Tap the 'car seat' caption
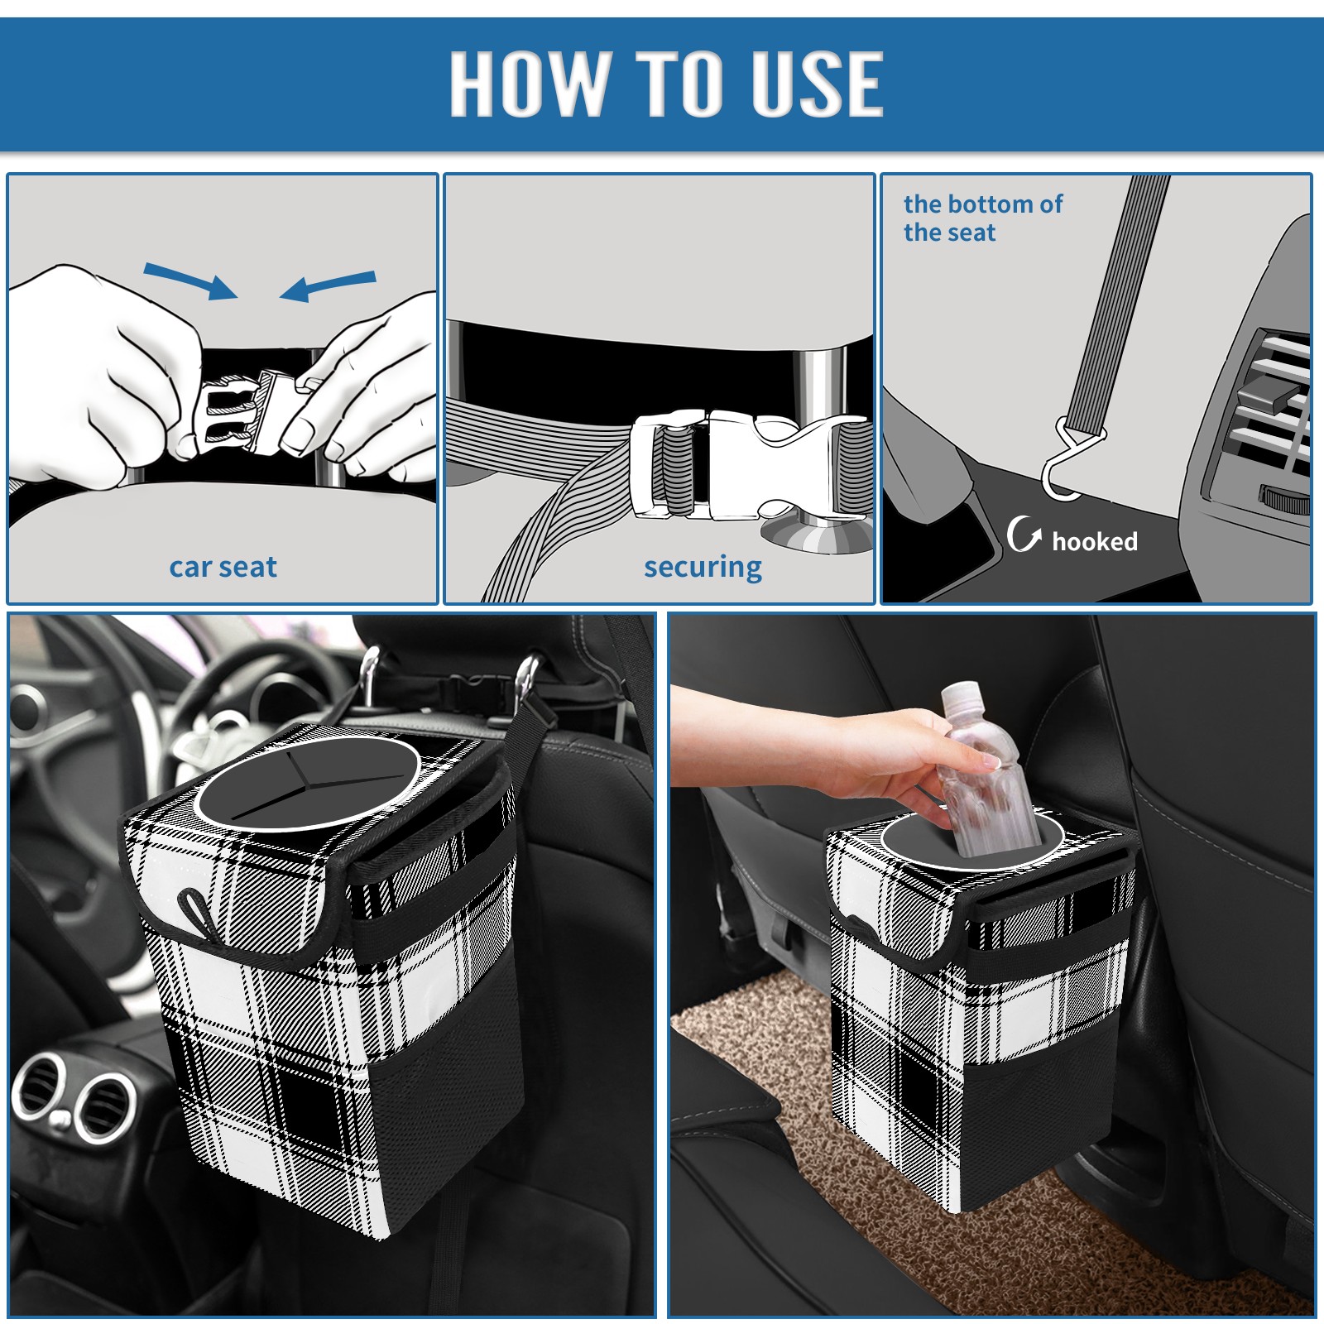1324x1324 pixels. pos(223,567)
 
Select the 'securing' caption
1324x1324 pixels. pos(703,568)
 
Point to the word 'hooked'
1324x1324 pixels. pos(1095,541)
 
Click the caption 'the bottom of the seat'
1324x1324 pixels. pos(982,218)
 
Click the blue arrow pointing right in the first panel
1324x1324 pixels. pos(190,281)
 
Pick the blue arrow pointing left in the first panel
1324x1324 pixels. pos(328,285)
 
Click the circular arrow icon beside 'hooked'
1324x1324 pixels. pos(1023,534)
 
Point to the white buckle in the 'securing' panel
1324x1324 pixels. pos(749,465)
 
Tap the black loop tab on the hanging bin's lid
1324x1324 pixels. pos(196,914)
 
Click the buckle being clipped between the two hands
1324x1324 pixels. pos(248,411)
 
